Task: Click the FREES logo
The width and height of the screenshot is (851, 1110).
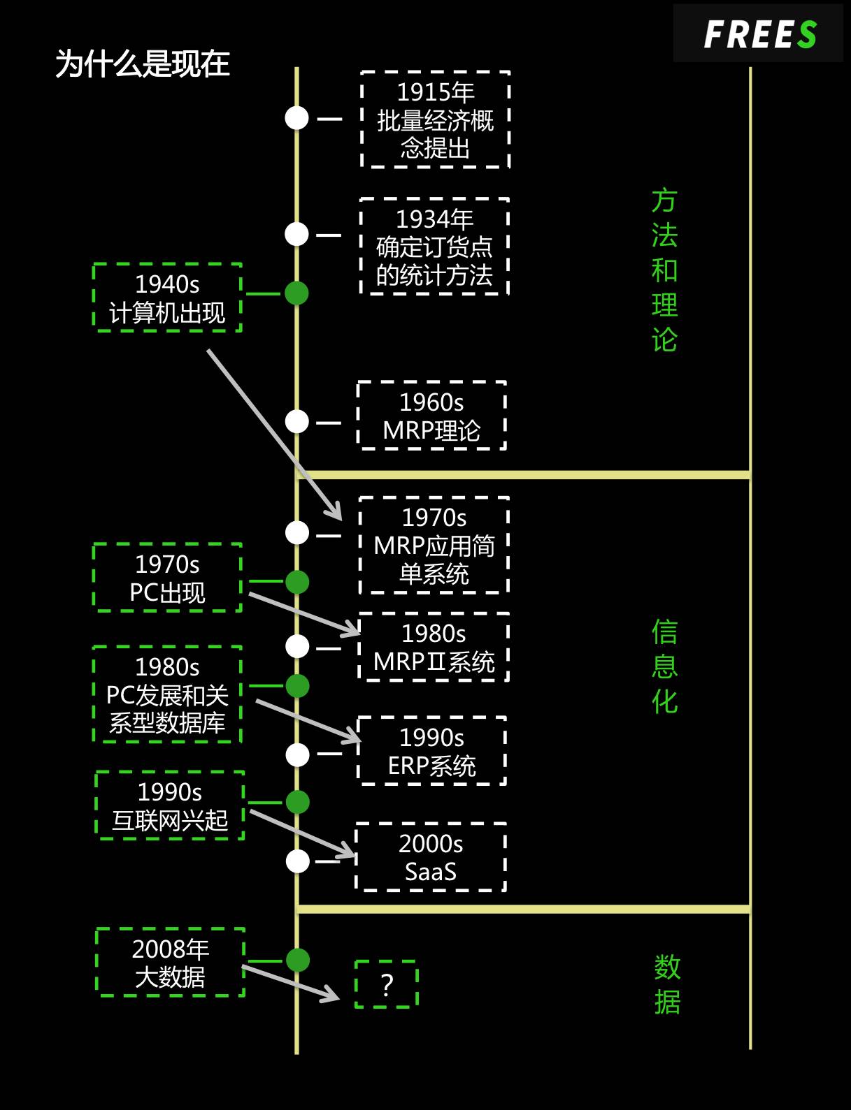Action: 759,34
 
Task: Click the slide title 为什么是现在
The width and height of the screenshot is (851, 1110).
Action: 143,64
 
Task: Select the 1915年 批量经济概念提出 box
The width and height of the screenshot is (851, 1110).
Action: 435,119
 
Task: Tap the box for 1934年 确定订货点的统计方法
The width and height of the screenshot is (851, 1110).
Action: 434,247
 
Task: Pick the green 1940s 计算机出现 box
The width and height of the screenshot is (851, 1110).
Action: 167,298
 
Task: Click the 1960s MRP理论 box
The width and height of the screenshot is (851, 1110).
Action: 431,416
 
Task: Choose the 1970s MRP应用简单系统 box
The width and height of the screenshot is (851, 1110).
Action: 434,546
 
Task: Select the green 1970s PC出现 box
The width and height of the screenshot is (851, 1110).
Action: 167,578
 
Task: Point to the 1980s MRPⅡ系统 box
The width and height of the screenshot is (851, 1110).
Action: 434,647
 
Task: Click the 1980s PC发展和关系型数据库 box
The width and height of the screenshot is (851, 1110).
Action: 167,694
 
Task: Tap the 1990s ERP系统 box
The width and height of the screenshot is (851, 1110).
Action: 431,751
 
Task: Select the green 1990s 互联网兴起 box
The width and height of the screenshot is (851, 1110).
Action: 170,805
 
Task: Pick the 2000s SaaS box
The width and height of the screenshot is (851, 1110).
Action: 431,857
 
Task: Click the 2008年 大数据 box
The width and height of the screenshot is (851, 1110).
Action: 170,962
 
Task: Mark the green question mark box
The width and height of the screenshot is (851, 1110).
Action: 387,984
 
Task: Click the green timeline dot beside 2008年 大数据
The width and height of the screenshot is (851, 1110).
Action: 298,960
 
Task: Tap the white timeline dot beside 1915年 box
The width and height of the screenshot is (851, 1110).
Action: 296,118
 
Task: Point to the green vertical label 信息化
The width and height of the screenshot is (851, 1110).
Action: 664,666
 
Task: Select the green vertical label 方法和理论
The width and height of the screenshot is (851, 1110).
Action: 664,270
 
